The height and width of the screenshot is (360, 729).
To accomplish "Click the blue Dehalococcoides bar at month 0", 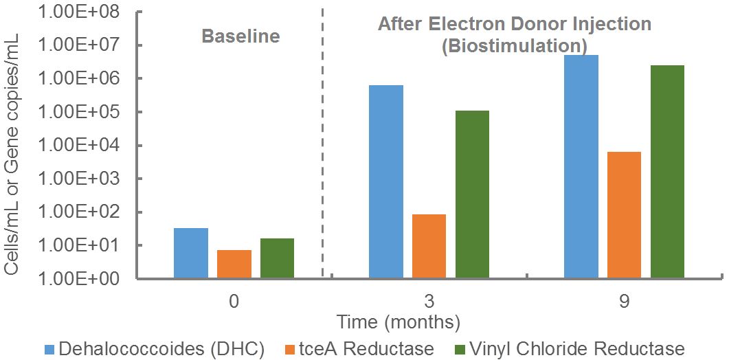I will click(191, 253).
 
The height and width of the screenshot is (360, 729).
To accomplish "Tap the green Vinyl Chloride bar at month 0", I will click(277, 258).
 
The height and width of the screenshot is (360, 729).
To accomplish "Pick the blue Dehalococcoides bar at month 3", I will click(386, 181).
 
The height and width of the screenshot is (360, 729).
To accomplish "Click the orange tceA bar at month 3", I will click(429, 246).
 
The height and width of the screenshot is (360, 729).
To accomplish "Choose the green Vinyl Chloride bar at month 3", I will click(472, 194).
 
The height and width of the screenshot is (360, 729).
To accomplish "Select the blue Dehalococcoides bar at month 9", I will click(581, 166).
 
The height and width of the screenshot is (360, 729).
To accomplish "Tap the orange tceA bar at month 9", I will click(625, 215).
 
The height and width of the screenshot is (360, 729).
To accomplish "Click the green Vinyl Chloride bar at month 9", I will click(667, 172).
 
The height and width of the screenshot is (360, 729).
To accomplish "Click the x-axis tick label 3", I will click(429, 301).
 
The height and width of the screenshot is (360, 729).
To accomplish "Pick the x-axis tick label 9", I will click(625, 301).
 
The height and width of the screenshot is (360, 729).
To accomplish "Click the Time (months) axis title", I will click(398, 322).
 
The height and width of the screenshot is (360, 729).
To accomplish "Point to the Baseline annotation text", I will click(240, 36).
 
